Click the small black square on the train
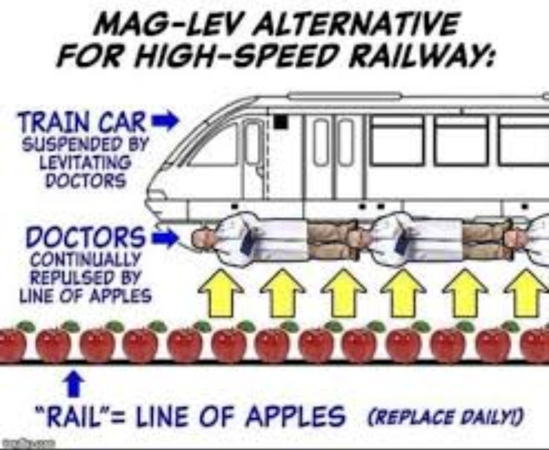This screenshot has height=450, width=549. coord(280,122)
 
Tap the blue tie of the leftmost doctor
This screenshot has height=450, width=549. coord(248,242)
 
